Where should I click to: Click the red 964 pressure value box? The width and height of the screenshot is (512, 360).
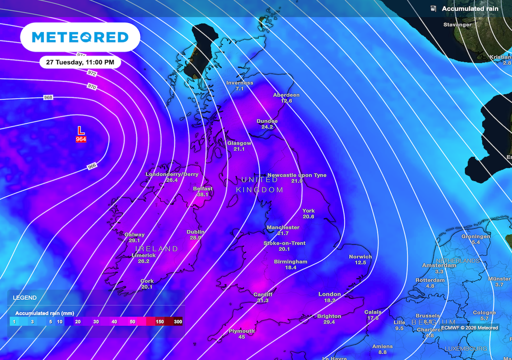click(81, 139)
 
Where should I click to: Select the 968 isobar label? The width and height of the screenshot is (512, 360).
click(48, 97)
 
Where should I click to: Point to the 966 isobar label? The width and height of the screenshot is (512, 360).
click(92, 166)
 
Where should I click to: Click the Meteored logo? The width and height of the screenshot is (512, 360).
click(80, 37)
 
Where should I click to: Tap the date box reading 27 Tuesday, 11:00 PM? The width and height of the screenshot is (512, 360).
click(80, 62)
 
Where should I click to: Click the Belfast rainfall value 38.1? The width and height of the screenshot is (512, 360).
click(202, 194)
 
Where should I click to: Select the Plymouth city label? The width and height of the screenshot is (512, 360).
click(241, 331)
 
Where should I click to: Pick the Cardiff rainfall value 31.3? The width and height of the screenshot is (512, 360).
click(262, 300)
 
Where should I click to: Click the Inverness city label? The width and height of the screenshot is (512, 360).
click(239, 82)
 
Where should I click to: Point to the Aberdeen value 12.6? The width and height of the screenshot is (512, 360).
click(286, 100)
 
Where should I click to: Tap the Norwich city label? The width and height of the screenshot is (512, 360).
click(360, 256)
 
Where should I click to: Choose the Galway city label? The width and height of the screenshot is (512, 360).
click(134, 234)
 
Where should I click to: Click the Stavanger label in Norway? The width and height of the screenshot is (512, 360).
click(457, 24)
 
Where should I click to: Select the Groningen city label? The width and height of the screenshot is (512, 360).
click(475, 236)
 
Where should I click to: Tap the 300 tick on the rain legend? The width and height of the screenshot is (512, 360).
click(177, 321)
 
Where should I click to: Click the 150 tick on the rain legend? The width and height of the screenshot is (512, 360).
click(159, 321)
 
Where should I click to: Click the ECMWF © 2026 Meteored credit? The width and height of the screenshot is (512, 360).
click(469, 328)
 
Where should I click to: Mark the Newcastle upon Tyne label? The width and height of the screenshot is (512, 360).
click(297, 175)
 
